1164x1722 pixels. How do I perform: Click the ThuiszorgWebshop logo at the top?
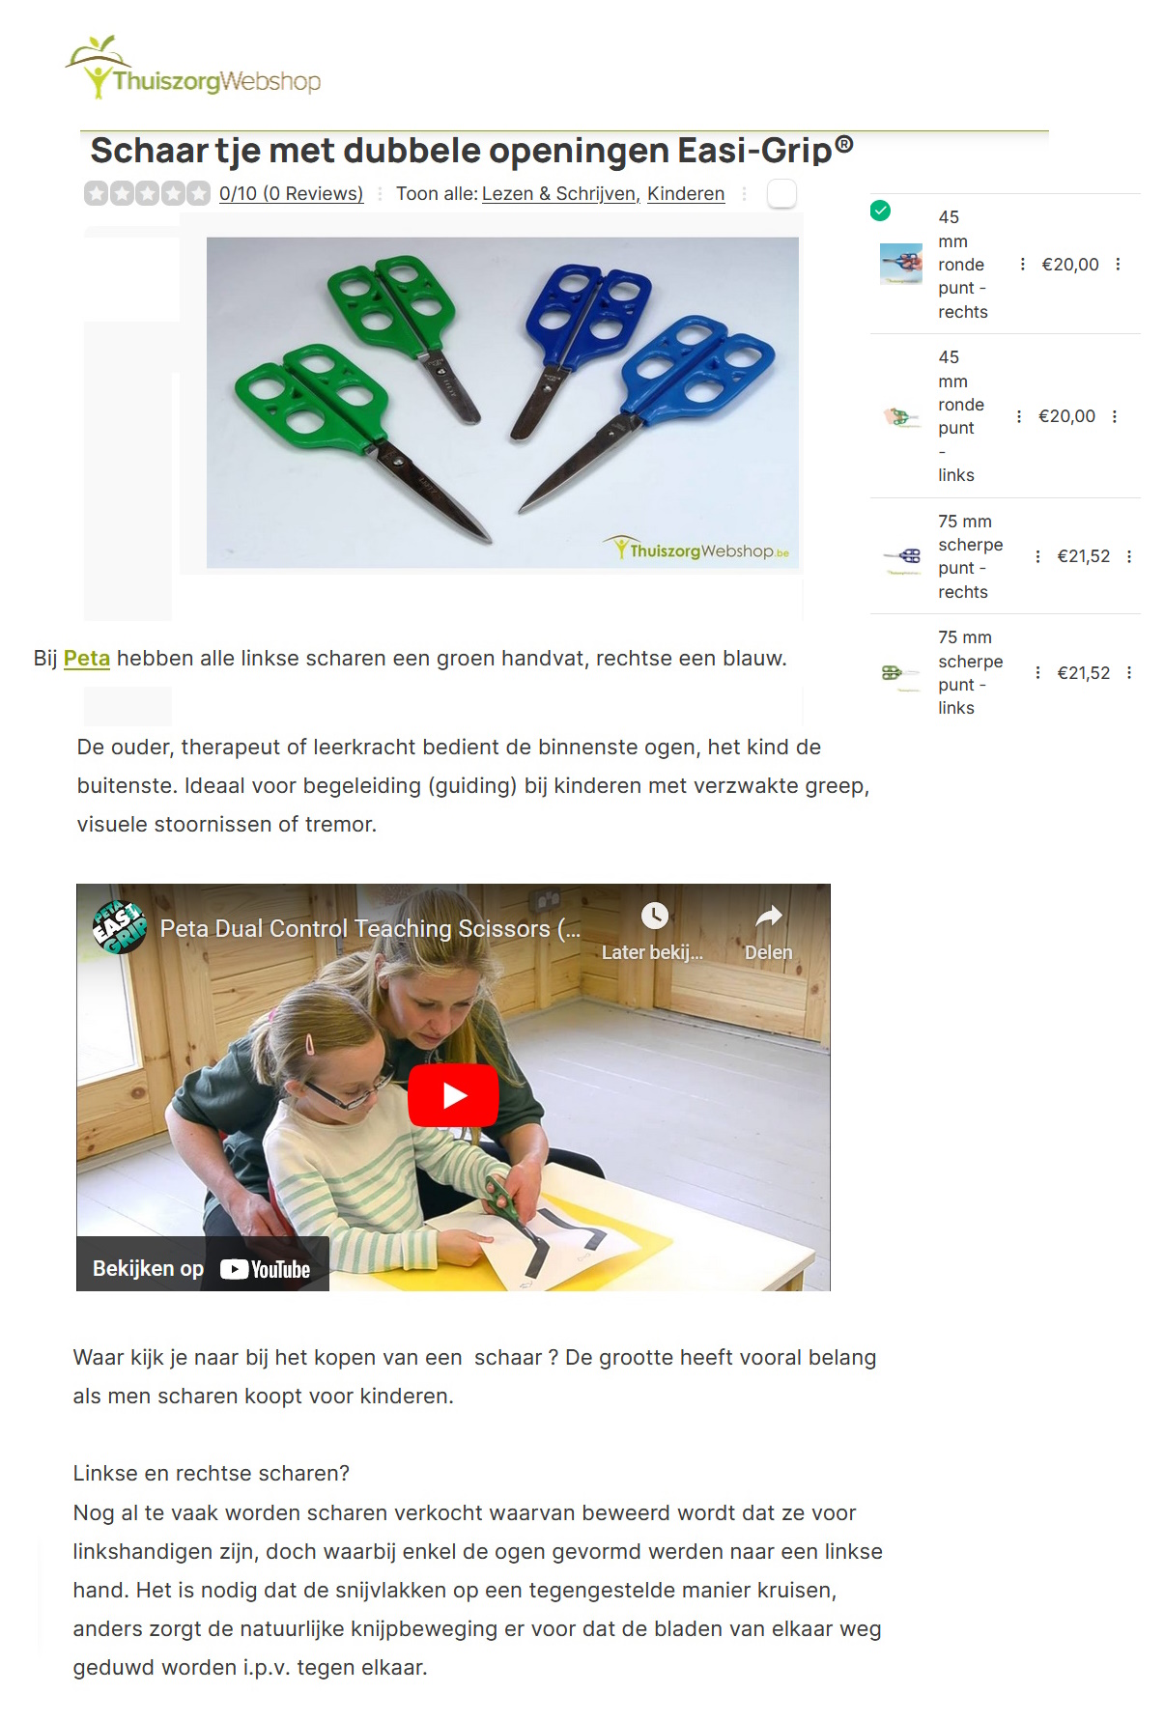pos(193,68)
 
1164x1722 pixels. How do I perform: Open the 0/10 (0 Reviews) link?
pos(291,193)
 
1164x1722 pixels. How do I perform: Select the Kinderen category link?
pos(686,193)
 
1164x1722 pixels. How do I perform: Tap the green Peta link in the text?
pos(87,659)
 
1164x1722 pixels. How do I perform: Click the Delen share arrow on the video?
pos(769,916)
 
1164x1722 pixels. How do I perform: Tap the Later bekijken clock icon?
pos(655,916)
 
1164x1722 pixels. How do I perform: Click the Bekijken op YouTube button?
pos(202,1268)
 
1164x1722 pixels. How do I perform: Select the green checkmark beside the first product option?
pos(880,211)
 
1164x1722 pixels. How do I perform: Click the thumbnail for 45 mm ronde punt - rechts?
pos(901,264)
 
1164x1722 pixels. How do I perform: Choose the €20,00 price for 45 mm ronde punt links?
pos(1066,416)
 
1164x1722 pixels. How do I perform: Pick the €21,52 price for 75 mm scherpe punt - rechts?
pos(1084,556)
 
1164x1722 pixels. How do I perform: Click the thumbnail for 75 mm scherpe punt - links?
pos(901,673)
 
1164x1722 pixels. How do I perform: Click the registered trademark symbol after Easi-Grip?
pos(843,145)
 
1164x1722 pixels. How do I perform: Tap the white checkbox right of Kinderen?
pos(781,193)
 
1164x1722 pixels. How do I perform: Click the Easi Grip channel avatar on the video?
pos(119,927)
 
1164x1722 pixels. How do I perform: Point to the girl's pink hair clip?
pos(310,1045)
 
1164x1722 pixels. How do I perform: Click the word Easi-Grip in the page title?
pos(754,151)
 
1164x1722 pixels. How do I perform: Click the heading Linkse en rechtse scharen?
pos(212,1473)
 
